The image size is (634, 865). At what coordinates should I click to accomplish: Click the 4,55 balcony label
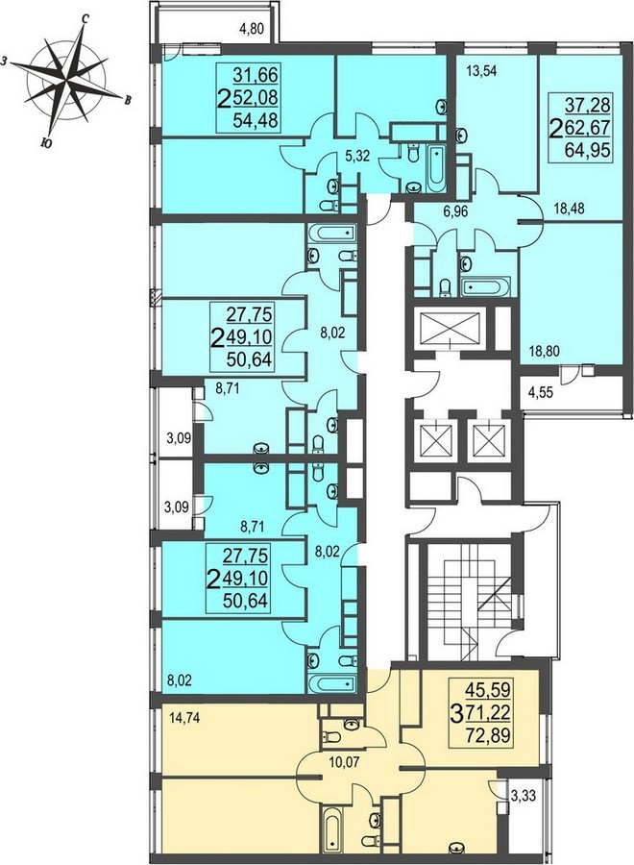(540, 394)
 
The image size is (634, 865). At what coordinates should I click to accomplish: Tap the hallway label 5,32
(358, 158)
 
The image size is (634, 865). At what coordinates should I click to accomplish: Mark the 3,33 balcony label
(522, 796)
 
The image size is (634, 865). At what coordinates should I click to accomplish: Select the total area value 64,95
(588, 149)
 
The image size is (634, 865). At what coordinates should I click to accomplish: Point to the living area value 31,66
(256, 74)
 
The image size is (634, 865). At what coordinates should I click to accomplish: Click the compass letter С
(85, 19)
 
